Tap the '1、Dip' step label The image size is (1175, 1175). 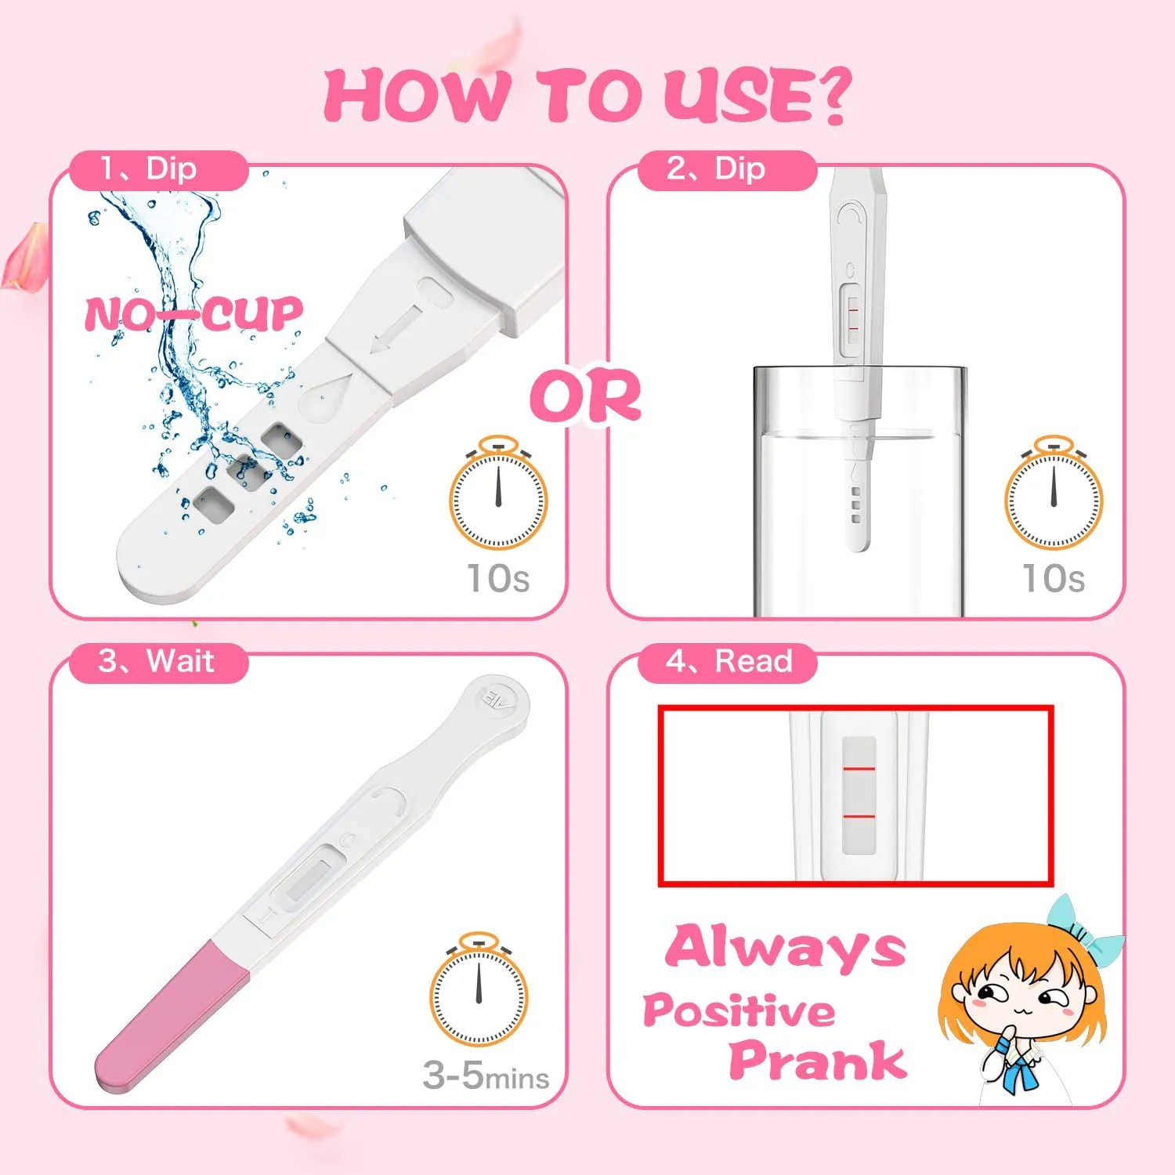click(x=149, y=169)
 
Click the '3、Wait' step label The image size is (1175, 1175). click(x=156, y=661)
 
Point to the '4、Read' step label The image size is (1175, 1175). click(x=728, y=661)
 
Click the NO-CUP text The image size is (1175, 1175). click(x=193, y=314)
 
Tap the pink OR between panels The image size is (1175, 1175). click(x=586, y=396)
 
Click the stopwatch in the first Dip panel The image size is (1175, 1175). click(x=498, y=495)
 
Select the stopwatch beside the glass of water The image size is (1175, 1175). click(x=1054, y=495)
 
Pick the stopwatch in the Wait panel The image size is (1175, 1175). click(x=479, y=991)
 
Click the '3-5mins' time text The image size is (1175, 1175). click(x=486, y=1076)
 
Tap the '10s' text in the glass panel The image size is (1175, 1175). click(x=1054, y=579)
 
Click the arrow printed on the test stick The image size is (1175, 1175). click(x=396, y=329)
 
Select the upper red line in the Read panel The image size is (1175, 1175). click(x=859, y=769)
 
